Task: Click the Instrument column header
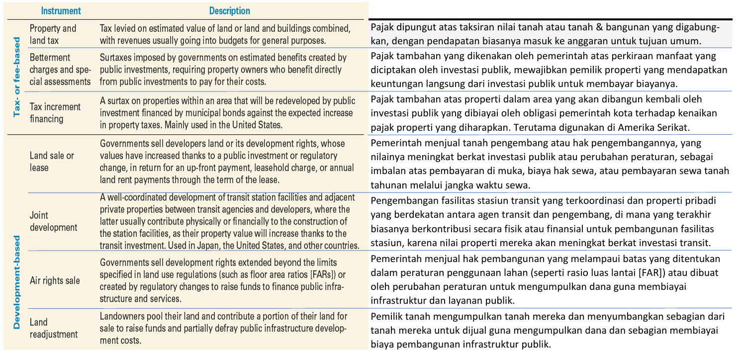pos(61,10)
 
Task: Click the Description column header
pos(229,10)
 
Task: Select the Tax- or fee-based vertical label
pos(16,77)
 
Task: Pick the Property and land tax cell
pos(53,34)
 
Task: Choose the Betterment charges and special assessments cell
pos(60,69)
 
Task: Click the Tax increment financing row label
pos(55,112)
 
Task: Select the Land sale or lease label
pos(52,161)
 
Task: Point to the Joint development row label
pos(53,221)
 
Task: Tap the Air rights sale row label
pos(55,280)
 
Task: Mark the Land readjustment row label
pos(54,328)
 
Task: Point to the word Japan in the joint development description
pos(187,245)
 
